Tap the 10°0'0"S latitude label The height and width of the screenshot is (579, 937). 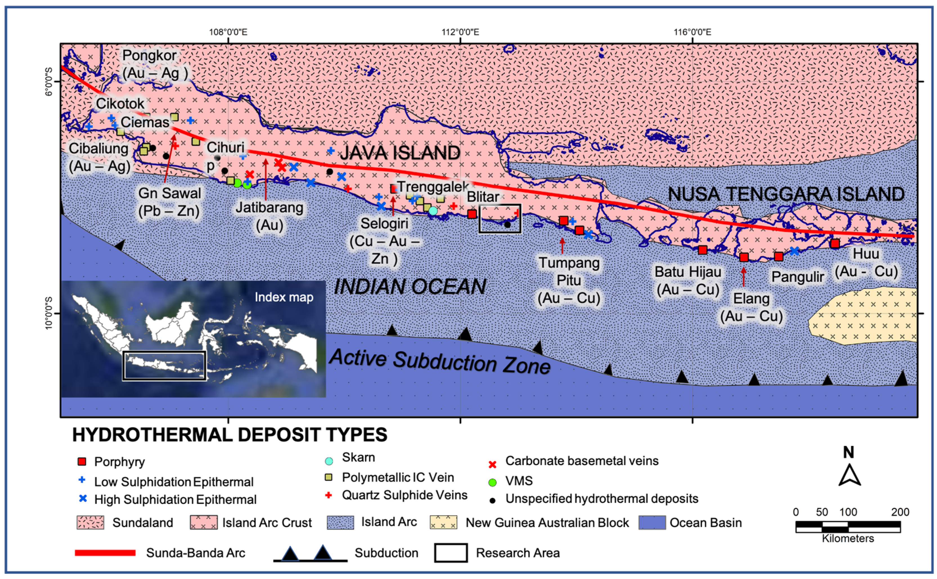tap(48, 313)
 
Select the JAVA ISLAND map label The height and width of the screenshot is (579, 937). tap(400, 153)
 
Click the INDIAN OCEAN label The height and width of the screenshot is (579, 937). tap(410, 287)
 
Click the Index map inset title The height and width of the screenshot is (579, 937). tap(284, 297)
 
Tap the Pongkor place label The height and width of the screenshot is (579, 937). tap(149, 55)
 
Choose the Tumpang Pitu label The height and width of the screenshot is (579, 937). tap(569, 271)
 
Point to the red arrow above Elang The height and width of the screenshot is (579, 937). tap(743, 276)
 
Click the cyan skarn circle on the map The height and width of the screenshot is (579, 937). tap(433, 211)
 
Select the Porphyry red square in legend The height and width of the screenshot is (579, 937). tap(82, 461)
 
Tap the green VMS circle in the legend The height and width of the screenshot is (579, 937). tap(492, 482)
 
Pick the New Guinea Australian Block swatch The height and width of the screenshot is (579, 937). tap(443, 522)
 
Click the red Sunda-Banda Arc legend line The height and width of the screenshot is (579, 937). tap(105, 553)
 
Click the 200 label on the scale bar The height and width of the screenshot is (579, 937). tap(900, 512)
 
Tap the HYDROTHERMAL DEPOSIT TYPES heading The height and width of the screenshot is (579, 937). tap(230, 435)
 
